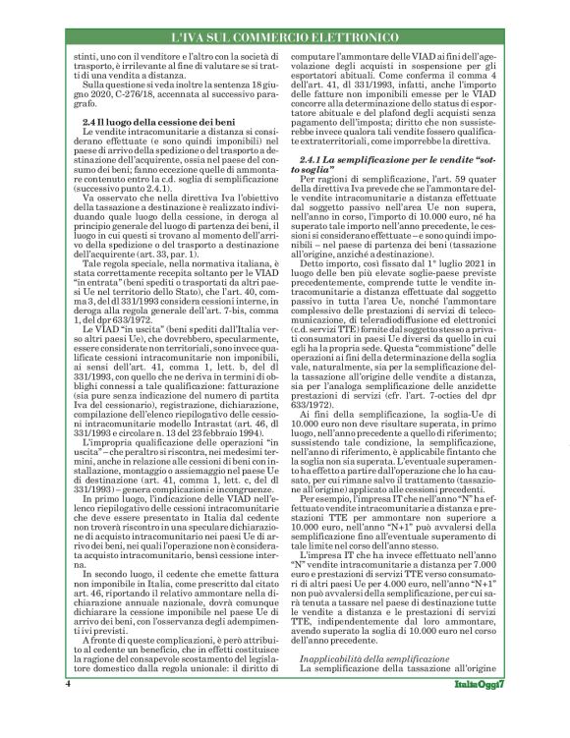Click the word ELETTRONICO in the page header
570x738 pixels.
coord(342,36)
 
